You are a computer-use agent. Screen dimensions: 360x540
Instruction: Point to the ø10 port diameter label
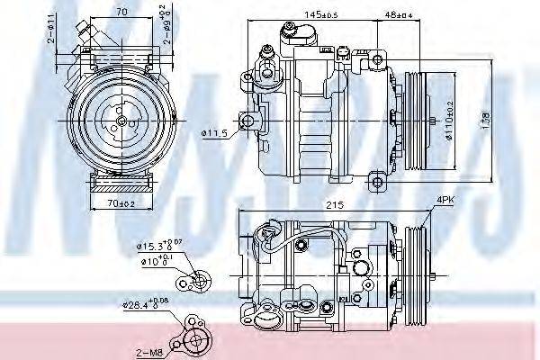point(153,262)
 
